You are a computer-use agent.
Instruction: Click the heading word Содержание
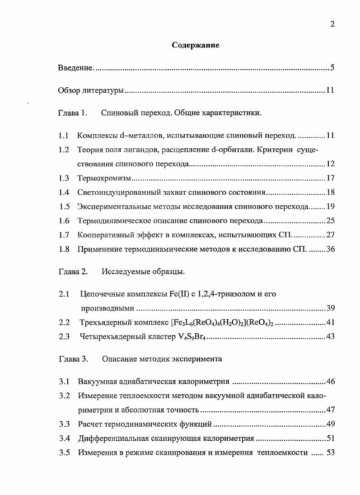pos(196,45)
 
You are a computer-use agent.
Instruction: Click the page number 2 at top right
pos(332,24)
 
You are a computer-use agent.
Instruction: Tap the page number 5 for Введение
pos(332,68)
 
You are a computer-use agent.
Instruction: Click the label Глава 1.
pos(72,113)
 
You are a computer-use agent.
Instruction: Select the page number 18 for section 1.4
pos(330,192)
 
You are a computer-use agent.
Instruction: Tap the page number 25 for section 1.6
pos(330,221)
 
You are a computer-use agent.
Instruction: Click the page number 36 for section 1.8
pos(330,249)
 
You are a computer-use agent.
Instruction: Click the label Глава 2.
pos(72,272)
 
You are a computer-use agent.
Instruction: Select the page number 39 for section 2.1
pos(330,308)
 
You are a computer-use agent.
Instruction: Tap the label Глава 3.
pos(72,359)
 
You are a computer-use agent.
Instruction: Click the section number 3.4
pos(64,438)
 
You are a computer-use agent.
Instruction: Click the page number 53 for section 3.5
pos(330,452)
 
